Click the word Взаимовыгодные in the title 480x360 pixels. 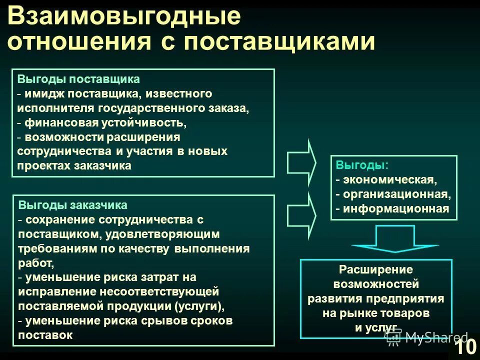pos(124,17)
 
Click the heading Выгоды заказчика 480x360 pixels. pos(73,205)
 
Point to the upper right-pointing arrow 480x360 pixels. pos(301,162)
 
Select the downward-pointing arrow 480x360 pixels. pos(395,238)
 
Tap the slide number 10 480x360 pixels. pos(465,346)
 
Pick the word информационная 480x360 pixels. pos(395,208)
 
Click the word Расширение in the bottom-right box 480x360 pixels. pos(376,270)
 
